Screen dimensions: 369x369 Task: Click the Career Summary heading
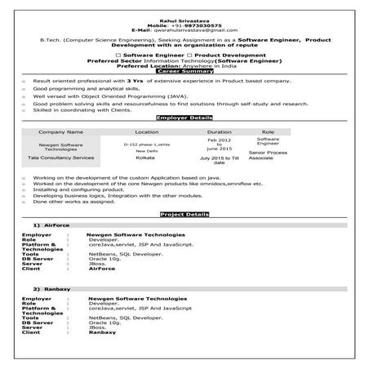coord(184,71)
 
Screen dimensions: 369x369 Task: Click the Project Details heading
coord(184,213)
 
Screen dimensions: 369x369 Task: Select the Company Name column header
coord(61,131)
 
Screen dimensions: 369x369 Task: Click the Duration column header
coord(219,131)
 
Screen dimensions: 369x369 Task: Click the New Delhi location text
coord(146,151)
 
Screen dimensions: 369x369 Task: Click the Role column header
coord(267,131)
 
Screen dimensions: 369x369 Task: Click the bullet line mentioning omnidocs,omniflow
coord(147,184)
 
